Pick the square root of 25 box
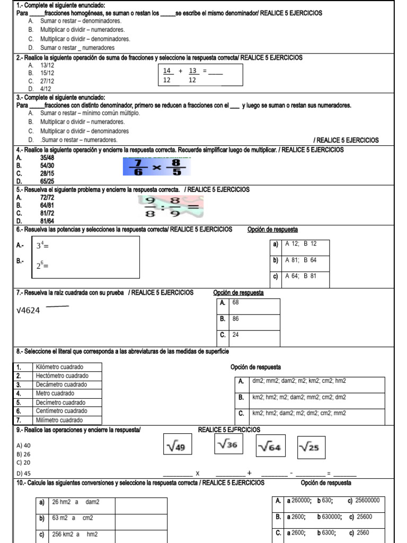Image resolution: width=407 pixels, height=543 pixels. click(311, 448)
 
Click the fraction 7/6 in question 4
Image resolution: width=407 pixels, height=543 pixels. click(139, 167)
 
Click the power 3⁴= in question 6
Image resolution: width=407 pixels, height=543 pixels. click(42, 246)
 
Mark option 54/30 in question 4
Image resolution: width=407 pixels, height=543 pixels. click(47, 165)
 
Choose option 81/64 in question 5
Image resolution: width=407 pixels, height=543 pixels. click(47, 221)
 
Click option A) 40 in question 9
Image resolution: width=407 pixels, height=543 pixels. click(24, 445)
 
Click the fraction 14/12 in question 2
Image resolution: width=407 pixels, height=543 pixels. click(167, 75)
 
